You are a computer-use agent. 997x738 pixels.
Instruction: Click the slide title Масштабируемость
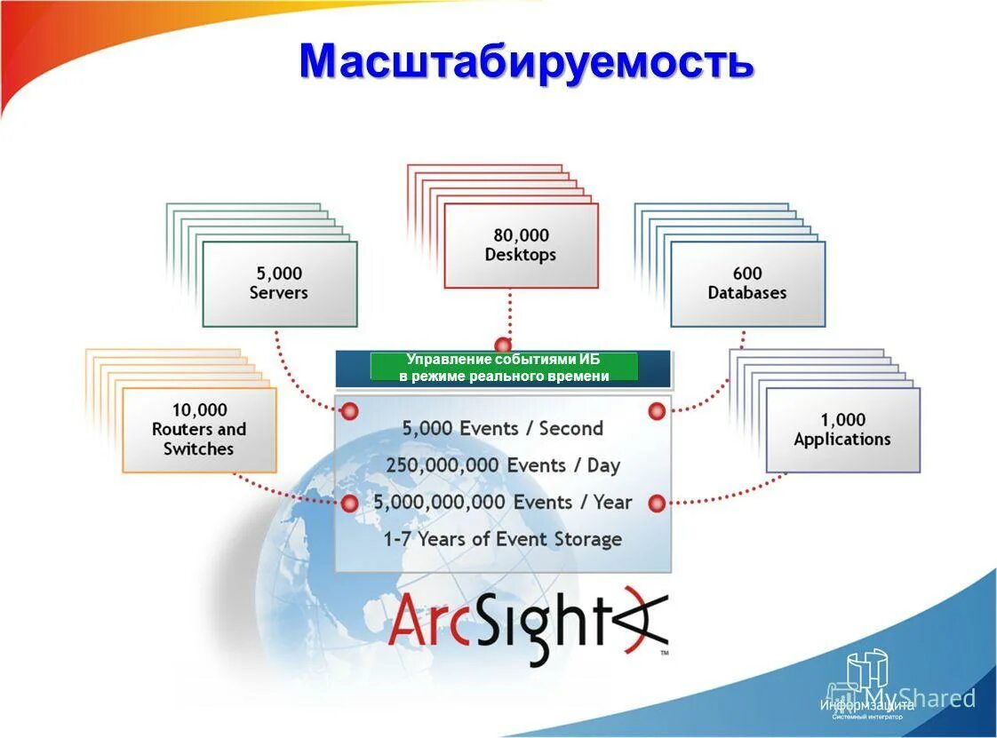[526, 62]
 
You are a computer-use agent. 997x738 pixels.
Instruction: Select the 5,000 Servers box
[279, 283]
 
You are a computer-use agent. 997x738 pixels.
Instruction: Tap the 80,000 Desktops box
[521, 245]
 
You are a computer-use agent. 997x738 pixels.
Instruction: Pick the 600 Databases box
[747, 283]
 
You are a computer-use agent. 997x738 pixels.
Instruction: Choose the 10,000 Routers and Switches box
[199, 429]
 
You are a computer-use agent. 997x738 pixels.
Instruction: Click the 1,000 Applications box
[842, 429]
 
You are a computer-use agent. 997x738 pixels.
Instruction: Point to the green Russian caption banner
[504, 368]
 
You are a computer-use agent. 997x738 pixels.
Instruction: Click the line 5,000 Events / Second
[502, 428]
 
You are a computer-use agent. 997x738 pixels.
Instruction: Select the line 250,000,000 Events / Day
[502, 465]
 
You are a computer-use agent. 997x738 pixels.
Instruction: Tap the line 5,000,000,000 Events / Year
[502, 503]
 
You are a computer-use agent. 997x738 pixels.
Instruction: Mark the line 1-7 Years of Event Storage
[502, 539]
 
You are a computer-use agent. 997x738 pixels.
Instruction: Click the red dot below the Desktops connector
[503, 345]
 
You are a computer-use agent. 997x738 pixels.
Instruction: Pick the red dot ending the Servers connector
[350, 411]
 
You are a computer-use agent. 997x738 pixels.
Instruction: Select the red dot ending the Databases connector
[657, 411]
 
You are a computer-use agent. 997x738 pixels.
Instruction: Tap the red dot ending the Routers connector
[350, 504]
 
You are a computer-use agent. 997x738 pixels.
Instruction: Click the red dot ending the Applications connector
[657, 504]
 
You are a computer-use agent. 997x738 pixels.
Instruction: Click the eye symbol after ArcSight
[642, 619]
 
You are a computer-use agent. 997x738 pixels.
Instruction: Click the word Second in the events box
[571, 428]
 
